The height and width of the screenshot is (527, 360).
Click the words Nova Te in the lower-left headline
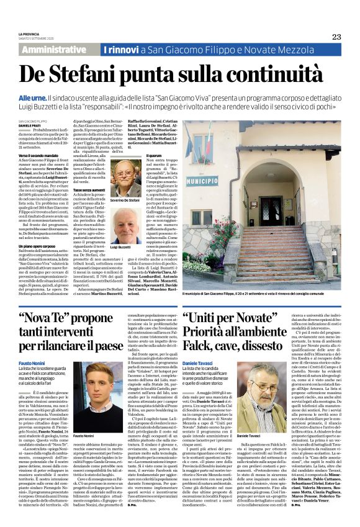[52, 320]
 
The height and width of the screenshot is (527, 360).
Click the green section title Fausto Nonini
[31, 362]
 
